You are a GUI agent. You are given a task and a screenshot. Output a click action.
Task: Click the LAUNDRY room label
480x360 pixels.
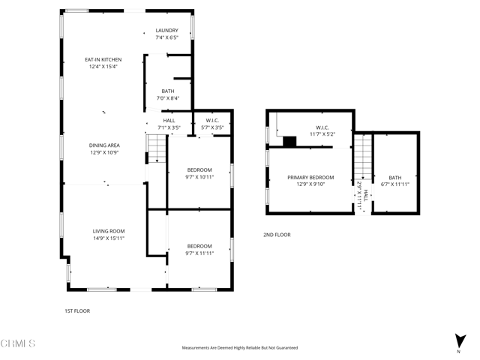click(166, 34)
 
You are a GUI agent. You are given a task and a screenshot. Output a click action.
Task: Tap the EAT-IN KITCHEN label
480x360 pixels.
click(103, 63)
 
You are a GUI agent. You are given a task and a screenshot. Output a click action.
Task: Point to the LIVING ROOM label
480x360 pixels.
click(109, 234)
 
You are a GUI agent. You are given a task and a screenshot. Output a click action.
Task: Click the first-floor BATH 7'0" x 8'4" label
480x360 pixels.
click(167, 94)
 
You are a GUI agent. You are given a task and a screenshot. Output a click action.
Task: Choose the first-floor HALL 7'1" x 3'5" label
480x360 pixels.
click(169, 124)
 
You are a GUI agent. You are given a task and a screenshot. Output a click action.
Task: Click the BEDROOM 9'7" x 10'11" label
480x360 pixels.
click(199, 173)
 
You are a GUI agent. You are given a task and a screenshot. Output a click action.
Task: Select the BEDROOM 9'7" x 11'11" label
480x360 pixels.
click(199, 250)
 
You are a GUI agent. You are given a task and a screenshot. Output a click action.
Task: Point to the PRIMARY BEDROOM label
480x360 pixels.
click(310, 181)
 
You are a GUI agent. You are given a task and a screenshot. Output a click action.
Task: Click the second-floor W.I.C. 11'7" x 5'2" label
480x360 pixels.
click(323, 130)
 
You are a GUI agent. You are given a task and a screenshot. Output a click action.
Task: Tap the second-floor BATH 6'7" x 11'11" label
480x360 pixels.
click(394, 181)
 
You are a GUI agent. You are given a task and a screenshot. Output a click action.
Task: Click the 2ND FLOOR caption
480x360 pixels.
click(277, 235)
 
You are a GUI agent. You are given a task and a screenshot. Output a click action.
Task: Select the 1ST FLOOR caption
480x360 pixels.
click(76, 310)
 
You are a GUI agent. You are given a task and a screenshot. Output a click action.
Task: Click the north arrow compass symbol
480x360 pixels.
click(458, 341)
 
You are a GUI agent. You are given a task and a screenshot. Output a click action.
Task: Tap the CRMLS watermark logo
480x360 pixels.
click(19, 343)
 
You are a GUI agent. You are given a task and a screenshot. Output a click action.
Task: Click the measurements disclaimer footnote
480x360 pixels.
click(240, 348)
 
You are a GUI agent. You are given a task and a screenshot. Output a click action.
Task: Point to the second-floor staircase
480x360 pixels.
click(363, 154)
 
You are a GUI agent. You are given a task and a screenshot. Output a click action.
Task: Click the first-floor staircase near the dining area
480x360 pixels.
click(154, 155)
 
